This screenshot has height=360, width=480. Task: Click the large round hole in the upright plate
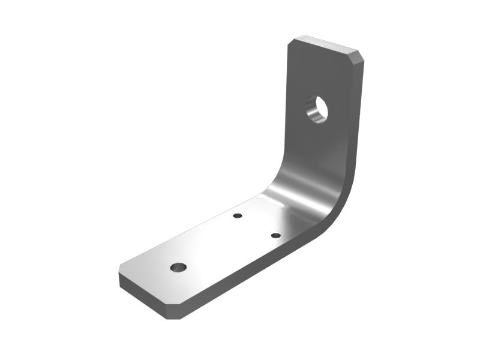pos(317,109)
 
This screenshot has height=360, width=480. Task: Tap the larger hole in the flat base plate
pos(178,267)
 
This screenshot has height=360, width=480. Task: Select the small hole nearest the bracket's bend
pos(276,235)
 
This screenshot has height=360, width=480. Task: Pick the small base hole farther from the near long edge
pos(238,215)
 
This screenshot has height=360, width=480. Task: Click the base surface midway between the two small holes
pos(257,226)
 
